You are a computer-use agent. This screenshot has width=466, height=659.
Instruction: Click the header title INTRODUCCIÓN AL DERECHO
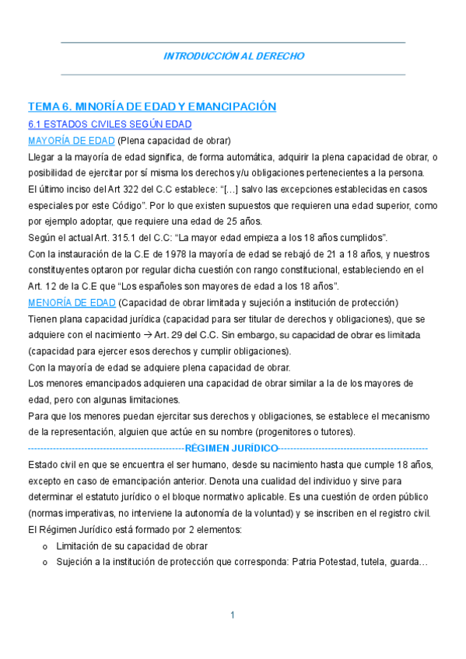point(233,57)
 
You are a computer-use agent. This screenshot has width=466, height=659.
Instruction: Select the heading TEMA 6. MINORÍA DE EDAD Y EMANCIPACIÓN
point(152,106)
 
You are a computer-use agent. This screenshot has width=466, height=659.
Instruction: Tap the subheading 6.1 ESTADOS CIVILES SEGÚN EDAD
point(110,124)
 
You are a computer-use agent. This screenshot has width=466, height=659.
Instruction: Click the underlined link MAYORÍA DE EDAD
point(71,141)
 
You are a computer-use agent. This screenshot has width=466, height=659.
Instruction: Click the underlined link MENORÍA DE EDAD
point(72,302)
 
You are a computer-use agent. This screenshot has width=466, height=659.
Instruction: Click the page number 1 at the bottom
point(233,615)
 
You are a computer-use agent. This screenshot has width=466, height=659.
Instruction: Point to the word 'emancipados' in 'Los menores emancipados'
point(103,383)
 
